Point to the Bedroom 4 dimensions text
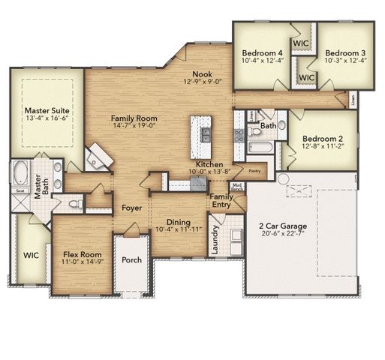pyautogui.click(x=262, y=61)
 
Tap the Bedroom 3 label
pyautogui.click(x=345, y=52)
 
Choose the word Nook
pyautogui.click(x=202, y=73)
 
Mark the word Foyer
pyautogui.click(x=133, y=208)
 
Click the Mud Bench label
pyautogui.click(x=236, y=187)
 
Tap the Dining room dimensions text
pyautogui.click(x=178, y=229)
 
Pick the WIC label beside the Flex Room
pyautogui.click(x=31, y=255)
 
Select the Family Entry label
pyautogui.click(x=221, y=200)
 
